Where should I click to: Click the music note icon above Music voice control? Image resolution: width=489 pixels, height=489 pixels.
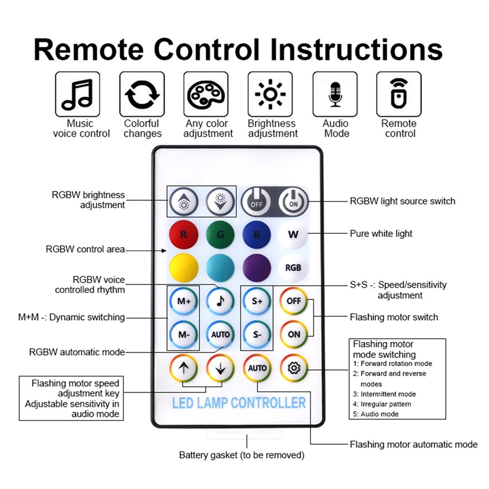coord(77,94)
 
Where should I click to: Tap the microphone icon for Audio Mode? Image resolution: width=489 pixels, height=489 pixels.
coord(335,94)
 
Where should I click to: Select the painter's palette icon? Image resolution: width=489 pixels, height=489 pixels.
coord(206,94)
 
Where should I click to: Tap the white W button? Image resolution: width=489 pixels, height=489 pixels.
coord(293,234)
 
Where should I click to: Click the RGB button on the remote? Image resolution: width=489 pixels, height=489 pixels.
coord(293,267)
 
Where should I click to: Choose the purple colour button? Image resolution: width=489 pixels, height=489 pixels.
coord(257,267)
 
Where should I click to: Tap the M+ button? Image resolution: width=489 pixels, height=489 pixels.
coord(184,301)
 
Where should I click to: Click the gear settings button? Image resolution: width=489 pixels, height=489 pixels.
coord(294,368)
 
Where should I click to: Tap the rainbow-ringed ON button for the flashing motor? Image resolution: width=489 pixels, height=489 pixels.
coord(294,334)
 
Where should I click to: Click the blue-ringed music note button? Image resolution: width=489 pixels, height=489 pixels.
coord(220,301)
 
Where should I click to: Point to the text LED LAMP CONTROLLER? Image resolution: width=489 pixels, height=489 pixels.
coord(239,403)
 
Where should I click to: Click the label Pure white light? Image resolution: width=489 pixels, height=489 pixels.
coord(381,234)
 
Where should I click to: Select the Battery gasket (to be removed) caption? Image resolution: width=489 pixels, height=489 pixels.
coord(242,455)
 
